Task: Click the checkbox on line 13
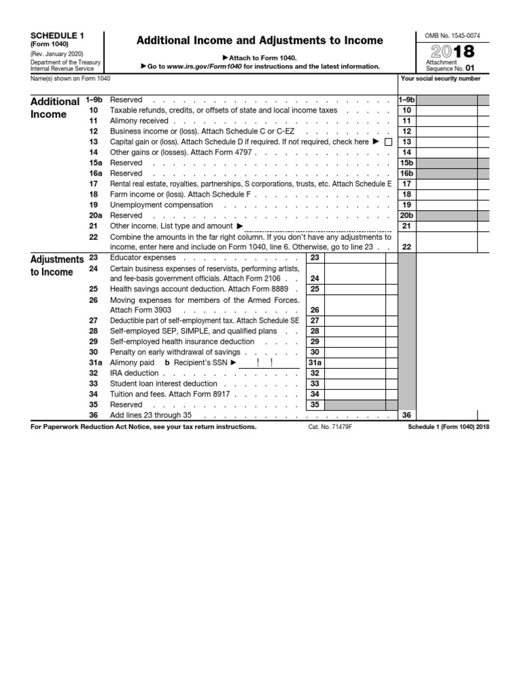tap(388, 142)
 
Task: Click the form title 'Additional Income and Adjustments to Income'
tap(260, 41)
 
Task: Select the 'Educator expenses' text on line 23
tap(143, 258)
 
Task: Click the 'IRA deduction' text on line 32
tap(134, 373)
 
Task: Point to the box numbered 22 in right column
tap(406, 247)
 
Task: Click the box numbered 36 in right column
tap(406, 415)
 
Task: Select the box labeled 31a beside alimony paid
tap(314, 363)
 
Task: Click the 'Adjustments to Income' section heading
tap(57, 266)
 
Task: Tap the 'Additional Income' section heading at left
tap(55, 108)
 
